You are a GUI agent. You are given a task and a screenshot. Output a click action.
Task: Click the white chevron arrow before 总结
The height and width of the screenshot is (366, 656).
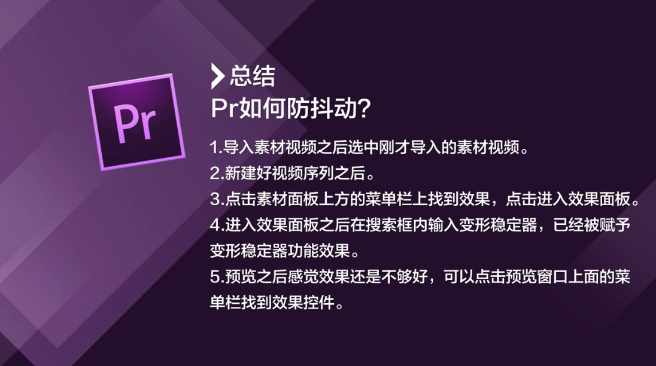(217, 76)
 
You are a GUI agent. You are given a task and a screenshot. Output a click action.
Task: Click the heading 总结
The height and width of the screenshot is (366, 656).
(252, 76)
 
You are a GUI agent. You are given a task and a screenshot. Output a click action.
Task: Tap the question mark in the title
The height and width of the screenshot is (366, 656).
(365, 109)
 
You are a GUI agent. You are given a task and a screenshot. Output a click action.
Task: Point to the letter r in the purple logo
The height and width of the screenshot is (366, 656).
(147, 124)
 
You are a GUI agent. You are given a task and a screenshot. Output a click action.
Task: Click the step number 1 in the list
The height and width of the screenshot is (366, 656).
(214, 148)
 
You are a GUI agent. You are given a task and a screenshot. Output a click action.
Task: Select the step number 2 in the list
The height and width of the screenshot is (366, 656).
(215, 173)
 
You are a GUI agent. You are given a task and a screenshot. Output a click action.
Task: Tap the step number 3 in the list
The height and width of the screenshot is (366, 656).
(215, 199)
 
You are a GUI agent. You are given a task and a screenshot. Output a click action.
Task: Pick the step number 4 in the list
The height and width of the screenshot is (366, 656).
(215, 225)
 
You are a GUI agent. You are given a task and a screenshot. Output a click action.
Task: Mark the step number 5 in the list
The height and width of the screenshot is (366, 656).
(215, 277)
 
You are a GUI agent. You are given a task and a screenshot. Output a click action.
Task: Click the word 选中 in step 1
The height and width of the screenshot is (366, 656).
(363, 148)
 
